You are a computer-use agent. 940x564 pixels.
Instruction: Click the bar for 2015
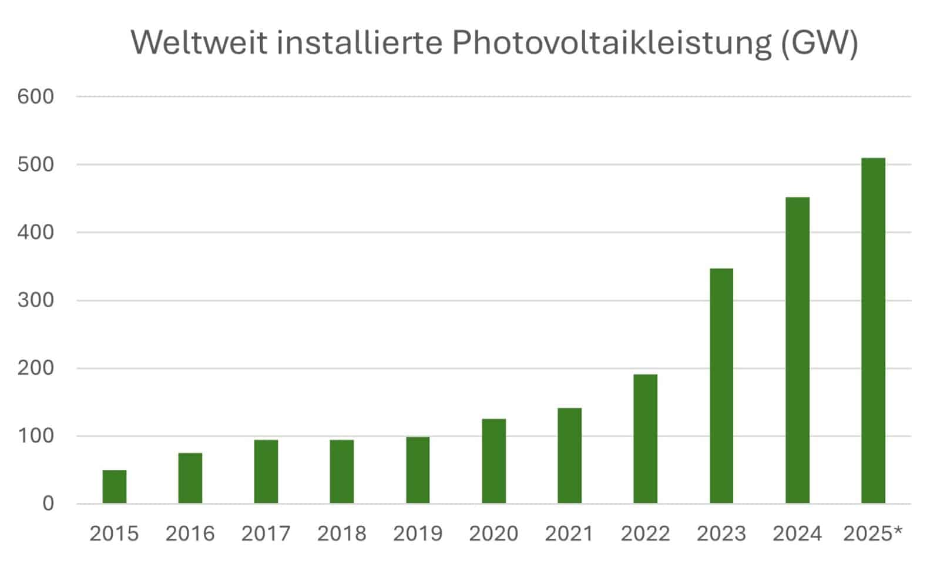pos(114,486)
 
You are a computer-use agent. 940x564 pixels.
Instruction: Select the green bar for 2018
pos(341,471)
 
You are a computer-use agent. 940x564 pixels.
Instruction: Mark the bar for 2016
pos(190,478)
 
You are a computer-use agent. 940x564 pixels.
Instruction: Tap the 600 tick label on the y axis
pos(35,96)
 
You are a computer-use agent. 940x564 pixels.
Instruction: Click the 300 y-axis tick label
pos(35,300)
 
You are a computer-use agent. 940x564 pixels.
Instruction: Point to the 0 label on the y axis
pos(48,503)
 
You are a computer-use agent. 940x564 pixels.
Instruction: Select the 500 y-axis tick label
pos(35,164)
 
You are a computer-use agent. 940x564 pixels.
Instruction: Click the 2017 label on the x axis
pos(266,533)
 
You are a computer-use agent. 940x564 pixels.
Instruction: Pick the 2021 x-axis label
pos(569,533)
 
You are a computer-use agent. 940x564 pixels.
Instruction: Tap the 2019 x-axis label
pos(418,533)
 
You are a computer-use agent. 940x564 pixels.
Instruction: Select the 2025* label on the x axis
pos(872,533)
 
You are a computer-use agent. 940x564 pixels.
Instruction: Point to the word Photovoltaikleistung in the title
pos(611,42)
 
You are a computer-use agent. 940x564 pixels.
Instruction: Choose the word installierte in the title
pos(360,42)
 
